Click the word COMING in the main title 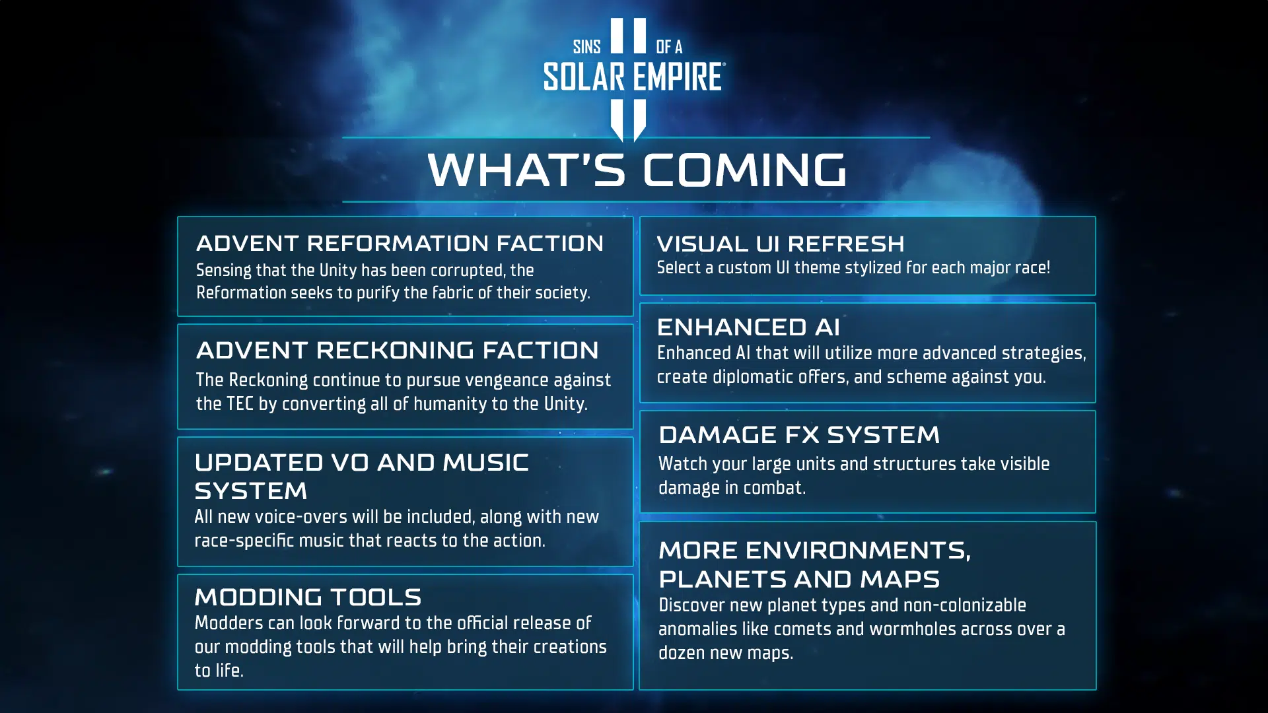point(744,170)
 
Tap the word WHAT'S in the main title point(526,170)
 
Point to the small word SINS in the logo point(587,47)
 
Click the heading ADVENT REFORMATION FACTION point(400,243)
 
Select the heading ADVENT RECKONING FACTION point(397,350)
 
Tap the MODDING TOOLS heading point(308,597)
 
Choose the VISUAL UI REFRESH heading point(781,244)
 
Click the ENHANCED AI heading point(748,327)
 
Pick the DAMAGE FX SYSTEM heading point(798,434)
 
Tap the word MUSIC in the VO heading point(485,462)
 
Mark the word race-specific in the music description point(244,541)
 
